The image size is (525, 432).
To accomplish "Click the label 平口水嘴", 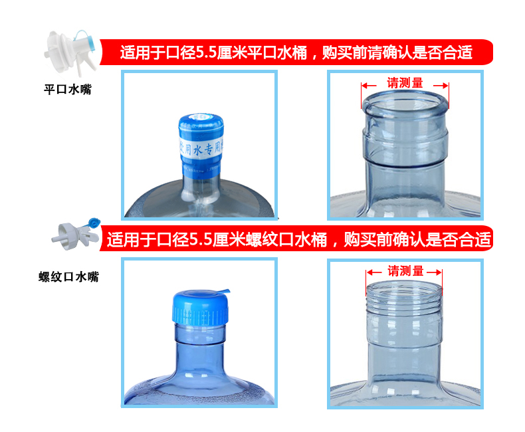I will pyautogui.click(x=67, y=90).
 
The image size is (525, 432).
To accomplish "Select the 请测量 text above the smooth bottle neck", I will pyautogui.click(x=405, y=84).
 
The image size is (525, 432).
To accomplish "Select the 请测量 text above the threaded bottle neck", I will pyautogui.click(x=405, y=271).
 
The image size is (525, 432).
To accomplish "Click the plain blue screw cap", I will pyautogui.click(x=199, y=307).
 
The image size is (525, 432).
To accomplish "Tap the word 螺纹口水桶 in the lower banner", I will pyautogui.click(x=288, y=239).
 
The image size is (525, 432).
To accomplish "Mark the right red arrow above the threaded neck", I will pyautogui.click(x=434, y=272).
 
